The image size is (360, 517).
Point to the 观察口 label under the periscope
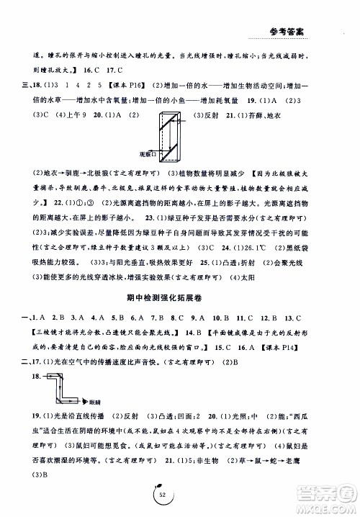[x=148, y=154]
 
